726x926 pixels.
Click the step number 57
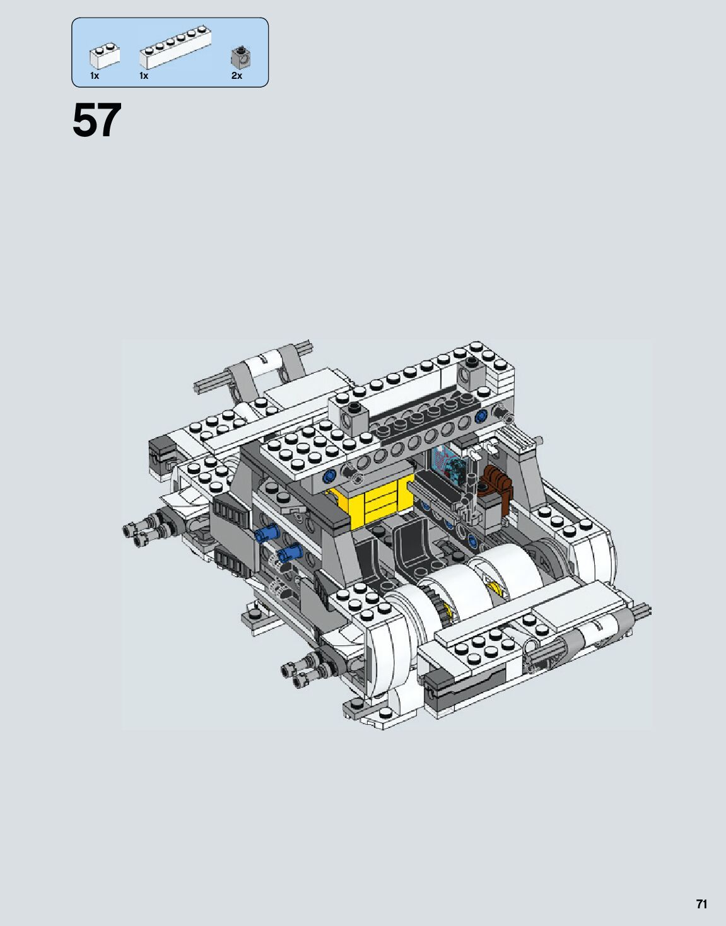[x=97, y=120]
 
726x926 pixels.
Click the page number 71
[x=701, y=901]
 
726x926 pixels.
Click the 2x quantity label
[x=237, y=76]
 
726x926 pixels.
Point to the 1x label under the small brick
[x=94, y=76]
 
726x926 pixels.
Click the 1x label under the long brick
[x=144, y=76]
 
